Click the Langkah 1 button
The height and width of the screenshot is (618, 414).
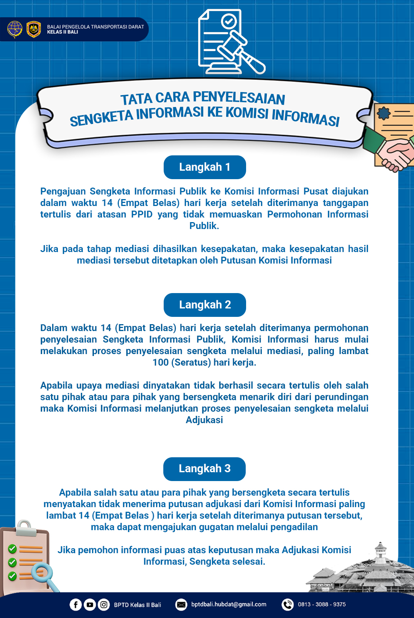[205, 167]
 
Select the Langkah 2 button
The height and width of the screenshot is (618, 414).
[205, 305]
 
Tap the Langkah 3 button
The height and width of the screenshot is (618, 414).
[204, 469]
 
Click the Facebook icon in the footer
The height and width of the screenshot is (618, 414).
[76, 605]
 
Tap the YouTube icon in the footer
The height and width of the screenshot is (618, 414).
[90, 605]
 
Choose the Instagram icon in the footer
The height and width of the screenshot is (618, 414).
[103, 605]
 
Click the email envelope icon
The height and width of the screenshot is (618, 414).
[181, 605]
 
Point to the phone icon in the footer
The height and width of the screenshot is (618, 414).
[287, 605]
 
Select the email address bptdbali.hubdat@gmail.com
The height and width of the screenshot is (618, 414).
[228, 604]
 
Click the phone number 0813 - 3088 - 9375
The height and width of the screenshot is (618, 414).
[322, 604]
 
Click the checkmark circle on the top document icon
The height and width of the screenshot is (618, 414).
[229, 21]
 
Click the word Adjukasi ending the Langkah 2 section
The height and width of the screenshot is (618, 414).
[204, 420]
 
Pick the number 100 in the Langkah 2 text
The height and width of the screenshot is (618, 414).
[161, 363]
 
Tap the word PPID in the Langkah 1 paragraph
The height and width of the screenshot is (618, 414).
[142, 214]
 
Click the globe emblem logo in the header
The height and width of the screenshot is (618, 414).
[15, 29]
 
